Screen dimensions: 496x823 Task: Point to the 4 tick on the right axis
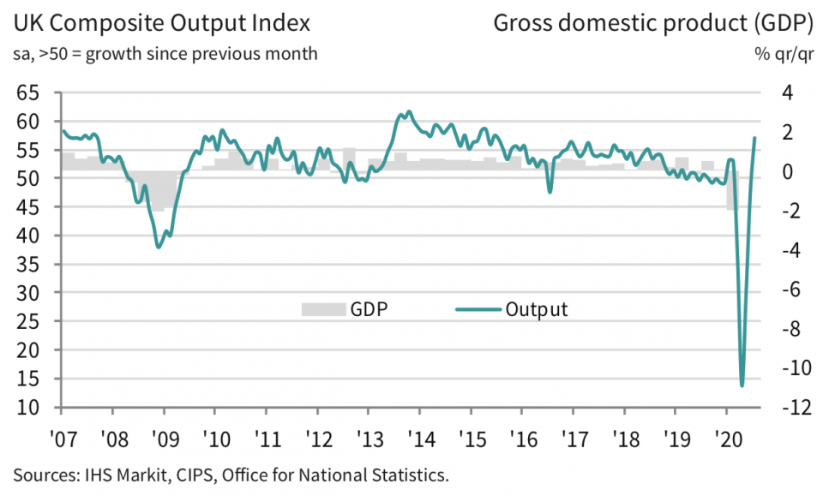(x=787, y=93)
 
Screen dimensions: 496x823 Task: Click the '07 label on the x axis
(x=62, y=434)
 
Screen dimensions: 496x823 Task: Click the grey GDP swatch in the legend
(x=321, y=309)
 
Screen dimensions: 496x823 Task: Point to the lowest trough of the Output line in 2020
(x=742, y=385)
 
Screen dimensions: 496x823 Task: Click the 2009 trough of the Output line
(x=159, y=247)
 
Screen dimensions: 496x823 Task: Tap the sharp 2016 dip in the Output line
(x=550, y=191)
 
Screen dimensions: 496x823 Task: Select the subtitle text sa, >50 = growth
(x=91, y=53)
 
